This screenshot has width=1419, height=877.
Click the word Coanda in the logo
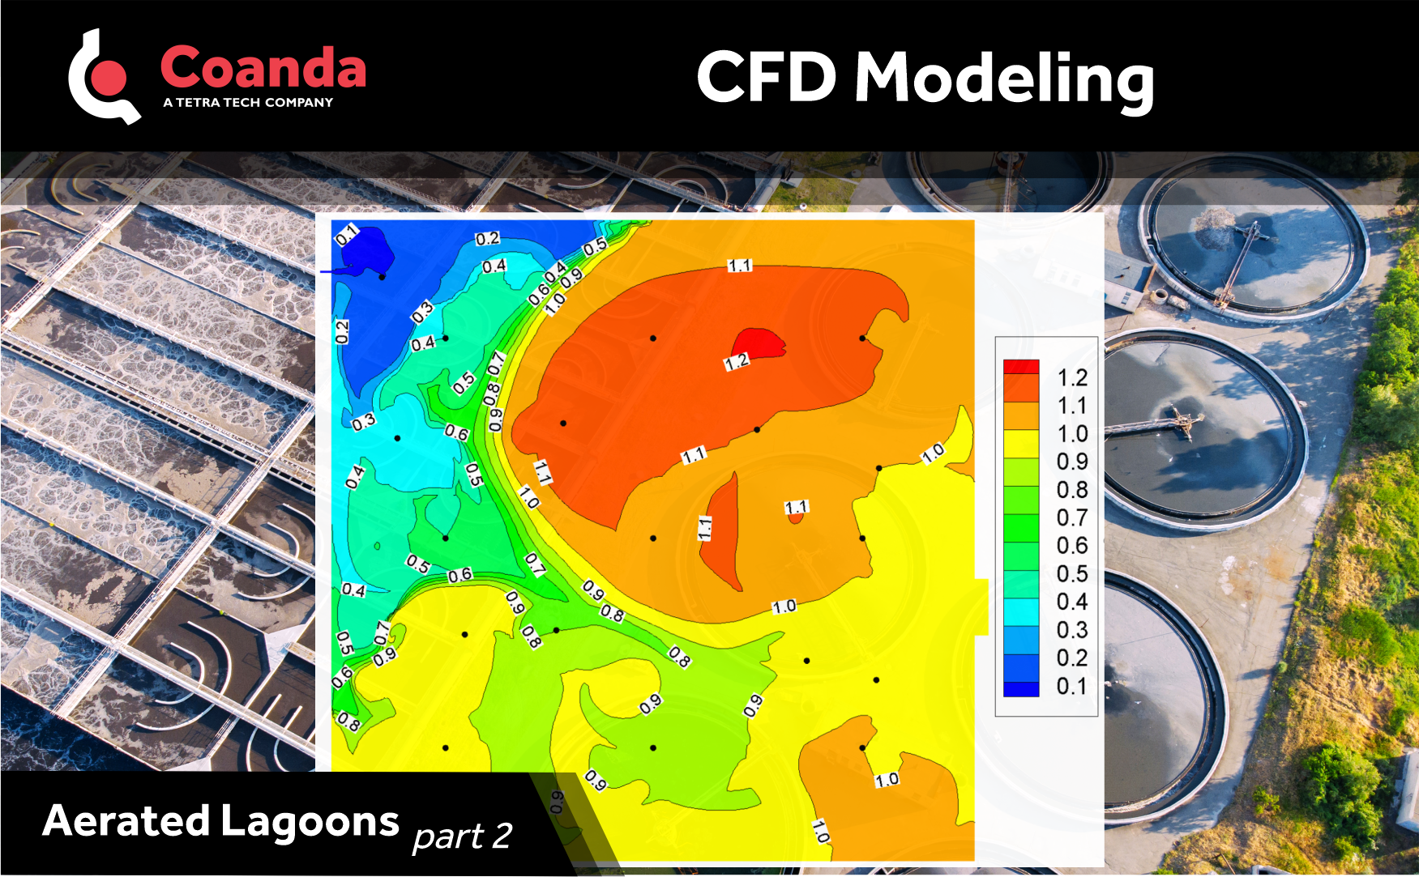click(263, 67)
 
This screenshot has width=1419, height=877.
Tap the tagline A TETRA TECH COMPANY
click(248, 103)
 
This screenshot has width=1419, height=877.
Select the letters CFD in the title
click(766, 77)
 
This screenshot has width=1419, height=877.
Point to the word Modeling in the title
click(1004, 79)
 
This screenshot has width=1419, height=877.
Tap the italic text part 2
click(462, 836)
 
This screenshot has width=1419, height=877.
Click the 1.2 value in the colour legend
click(1072, 377)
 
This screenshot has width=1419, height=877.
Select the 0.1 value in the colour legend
click(1072, 686)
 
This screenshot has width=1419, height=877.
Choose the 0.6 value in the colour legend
click(1072, 546)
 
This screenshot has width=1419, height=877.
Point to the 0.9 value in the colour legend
click(1072, 462)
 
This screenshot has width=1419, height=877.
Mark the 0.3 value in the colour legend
click(1072, 630)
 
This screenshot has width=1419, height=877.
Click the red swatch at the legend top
click(1021, 367)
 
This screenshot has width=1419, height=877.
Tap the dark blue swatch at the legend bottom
click(1021, 689)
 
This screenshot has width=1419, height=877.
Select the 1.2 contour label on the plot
click(737, 363)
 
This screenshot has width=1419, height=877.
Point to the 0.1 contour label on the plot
click(346, 235)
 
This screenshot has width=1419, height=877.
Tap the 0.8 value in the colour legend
click(1072, 490)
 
